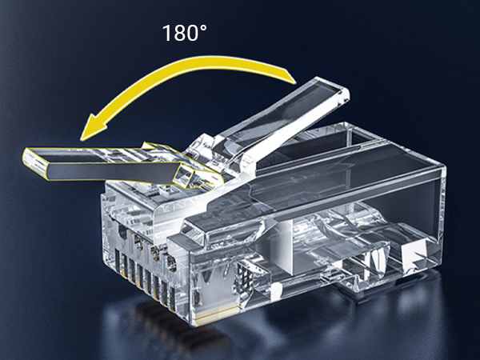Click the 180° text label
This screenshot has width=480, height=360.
coord(185,33)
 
